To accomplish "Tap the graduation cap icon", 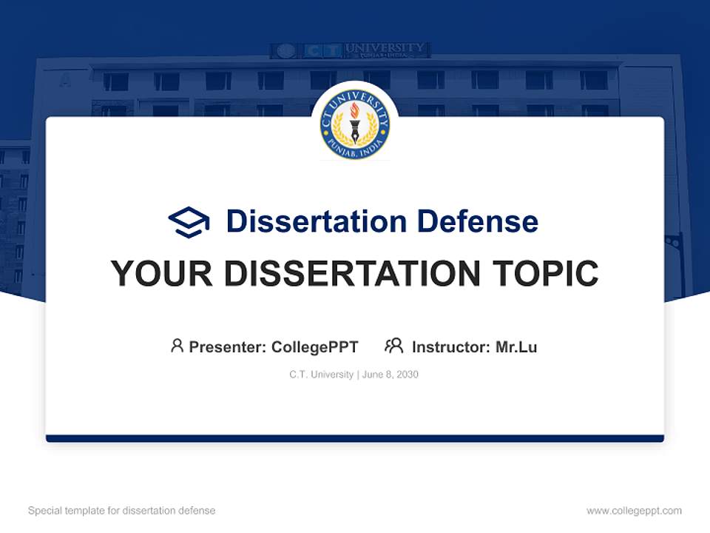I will (x=189, y=221).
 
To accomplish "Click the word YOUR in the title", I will (x=161, y=274).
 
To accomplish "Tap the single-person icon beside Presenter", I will (x=177, y=346).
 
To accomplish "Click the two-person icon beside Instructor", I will (x=393, y=346).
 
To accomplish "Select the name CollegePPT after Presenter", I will (x=314, y=346).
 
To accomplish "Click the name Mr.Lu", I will (x=516, y=346).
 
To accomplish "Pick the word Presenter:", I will (x=228, y=346).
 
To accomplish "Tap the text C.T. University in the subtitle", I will (x=321, y=375).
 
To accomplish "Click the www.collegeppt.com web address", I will (x=634, y=511).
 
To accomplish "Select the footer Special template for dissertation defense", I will (x=122, y=511).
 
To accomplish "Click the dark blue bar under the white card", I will (x=355, y=438).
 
